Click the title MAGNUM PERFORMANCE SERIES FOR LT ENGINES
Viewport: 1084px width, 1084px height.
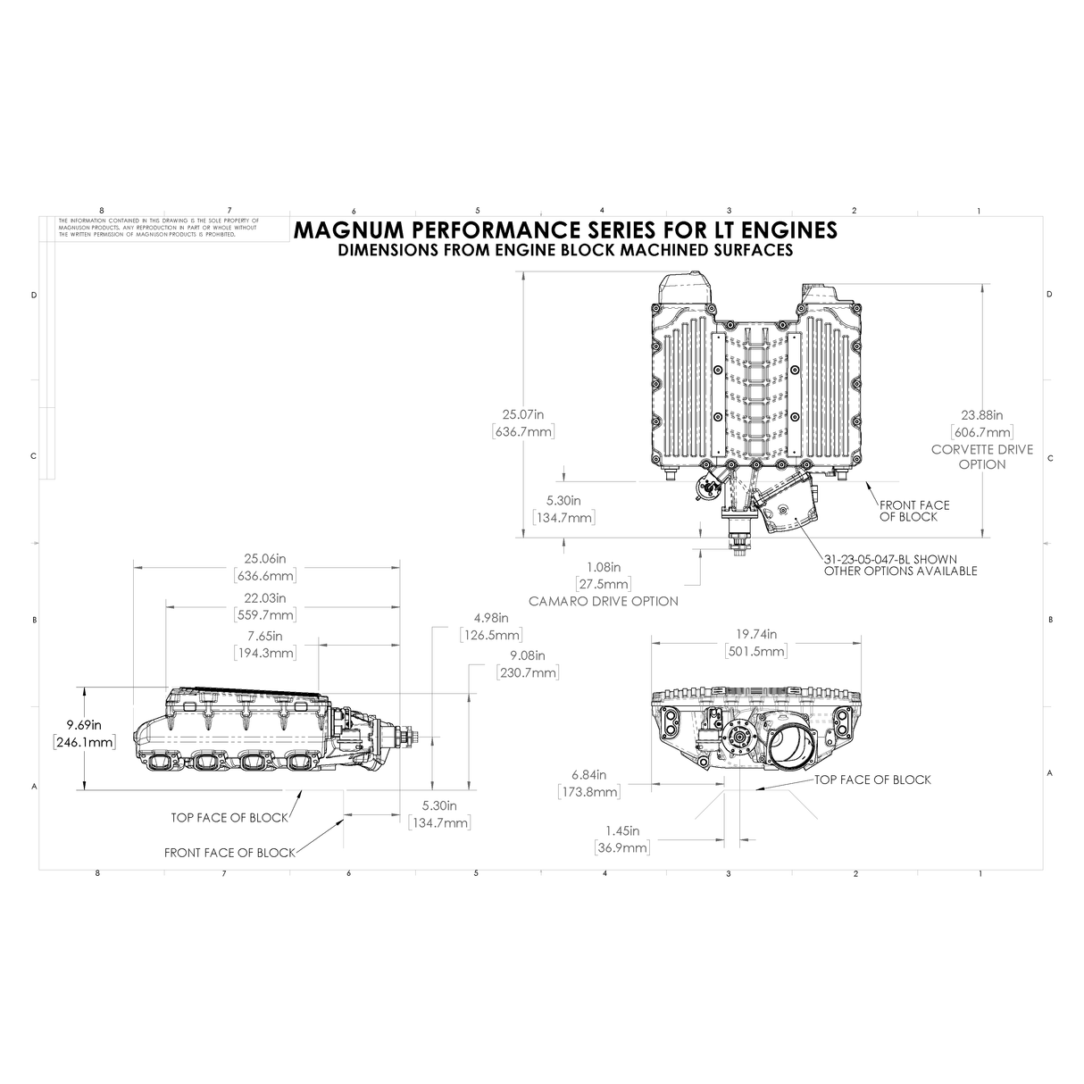[564, 229]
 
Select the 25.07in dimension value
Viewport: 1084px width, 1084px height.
[523, 414]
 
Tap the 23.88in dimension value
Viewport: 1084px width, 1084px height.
[981, 415]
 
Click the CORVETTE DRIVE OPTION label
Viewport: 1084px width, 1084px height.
[981, 456]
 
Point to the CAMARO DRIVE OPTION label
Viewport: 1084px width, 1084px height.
[603, 601]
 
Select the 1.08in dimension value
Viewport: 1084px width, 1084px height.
[603, 566]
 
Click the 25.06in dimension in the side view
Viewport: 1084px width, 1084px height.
[264, 558]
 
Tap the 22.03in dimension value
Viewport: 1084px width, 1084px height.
[264, 597]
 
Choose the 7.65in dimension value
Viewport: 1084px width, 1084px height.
[264, 636]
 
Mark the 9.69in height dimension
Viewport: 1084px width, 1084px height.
[83, 724]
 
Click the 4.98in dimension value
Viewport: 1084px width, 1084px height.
[490, 618]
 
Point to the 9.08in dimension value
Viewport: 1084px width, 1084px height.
[527, 655]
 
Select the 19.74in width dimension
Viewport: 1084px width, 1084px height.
[755, 634]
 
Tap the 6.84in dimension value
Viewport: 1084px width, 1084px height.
[588, 774]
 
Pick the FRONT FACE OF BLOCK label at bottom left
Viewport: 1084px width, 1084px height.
[229, 853]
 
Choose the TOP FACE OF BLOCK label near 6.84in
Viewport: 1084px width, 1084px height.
[872, 780]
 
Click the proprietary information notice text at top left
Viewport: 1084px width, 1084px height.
[157, 227]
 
